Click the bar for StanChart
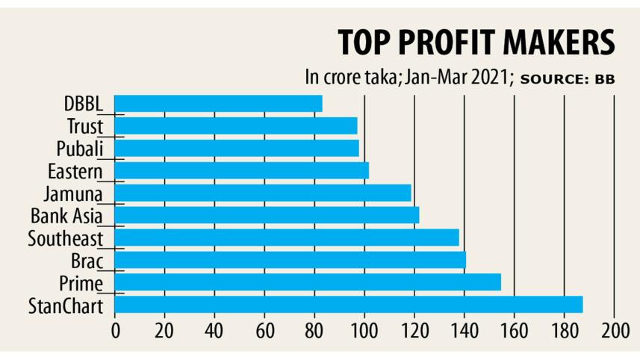pyautogui.click(x=349, y=305)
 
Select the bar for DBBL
pyautogui.click(x=218, y=103)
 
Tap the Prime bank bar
pyautogui.click(x=308, y=282)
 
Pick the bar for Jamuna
pyautogui.click(x=263, y=193)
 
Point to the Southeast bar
pyautogui.click(x=287, y=238)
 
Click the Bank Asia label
pyautogui.click(x=66, y=217)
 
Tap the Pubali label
pyautogui.click(x=78, y=149)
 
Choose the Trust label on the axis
pyautogui.click(x=84, y=126)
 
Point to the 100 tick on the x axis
pyautogui.click(x=364, y=331)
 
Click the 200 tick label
pyautogui.click(x=614, y=331)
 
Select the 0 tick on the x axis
pyautogui.click(x=115, y=331)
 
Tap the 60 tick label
pyautogui.click(x=264, y=331)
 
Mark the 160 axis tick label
pyautogui.click(x=514, y=331)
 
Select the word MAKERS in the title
pyautogui.click(x=561, y=43)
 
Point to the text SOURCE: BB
pyautogui.click(x=567, y=78)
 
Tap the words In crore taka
pyautogui.click(x=349, y=77)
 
